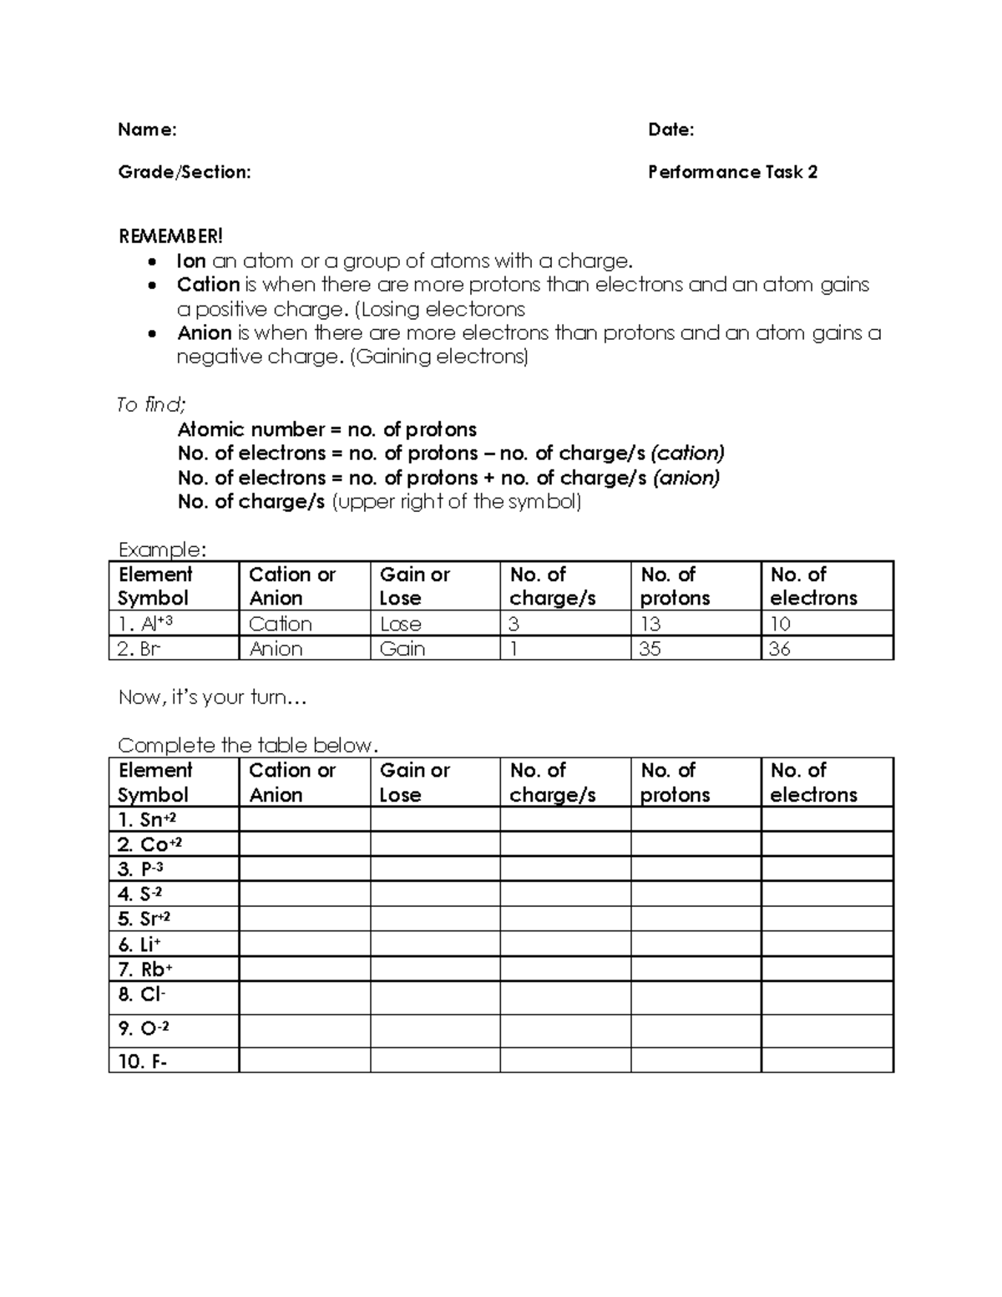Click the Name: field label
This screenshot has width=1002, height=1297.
tap(147, 129)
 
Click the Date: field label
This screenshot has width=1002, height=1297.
tap(671, 129)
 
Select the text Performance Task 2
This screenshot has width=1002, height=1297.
tap(732, 172)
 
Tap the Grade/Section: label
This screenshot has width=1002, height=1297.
tap(184, 172)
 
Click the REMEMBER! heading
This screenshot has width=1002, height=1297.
tap(170, 236)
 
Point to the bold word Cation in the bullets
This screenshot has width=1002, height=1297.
tap(208, 285)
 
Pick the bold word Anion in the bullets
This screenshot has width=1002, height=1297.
tap(204, 333)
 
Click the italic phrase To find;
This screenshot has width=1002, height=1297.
tap(151, 405)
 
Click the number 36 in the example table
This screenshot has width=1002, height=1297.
tap(779, 649)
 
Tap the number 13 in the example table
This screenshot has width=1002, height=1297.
tap(650, 624)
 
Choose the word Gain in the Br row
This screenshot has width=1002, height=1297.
tap(402, 649)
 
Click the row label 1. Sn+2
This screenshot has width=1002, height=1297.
tap(147, 819)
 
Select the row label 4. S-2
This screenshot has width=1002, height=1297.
tap(139, 894)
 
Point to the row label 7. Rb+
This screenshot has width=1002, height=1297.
tap(145, 969)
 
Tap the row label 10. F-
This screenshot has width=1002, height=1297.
tap(143, 1061)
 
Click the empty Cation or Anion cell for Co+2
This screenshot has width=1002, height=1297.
tap(305, 844)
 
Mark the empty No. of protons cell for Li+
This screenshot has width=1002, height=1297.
tap(696, 944)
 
